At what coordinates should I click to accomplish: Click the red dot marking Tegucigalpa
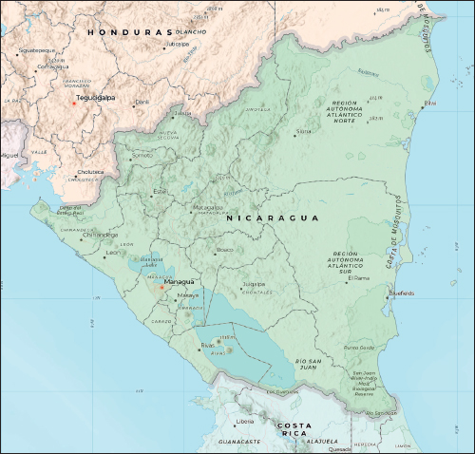[73, 104]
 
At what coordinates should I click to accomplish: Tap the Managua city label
[179, 281]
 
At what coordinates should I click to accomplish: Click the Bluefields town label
[401, 293]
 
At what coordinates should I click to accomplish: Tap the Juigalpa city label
[253, 283]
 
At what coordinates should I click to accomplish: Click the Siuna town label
[304, 131]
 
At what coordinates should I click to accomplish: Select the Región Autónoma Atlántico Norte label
[356, 111]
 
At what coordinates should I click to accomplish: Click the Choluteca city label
[92, 172]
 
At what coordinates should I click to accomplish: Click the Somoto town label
[142, 154]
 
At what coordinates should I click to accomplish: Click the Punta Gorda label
[358, 348]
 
